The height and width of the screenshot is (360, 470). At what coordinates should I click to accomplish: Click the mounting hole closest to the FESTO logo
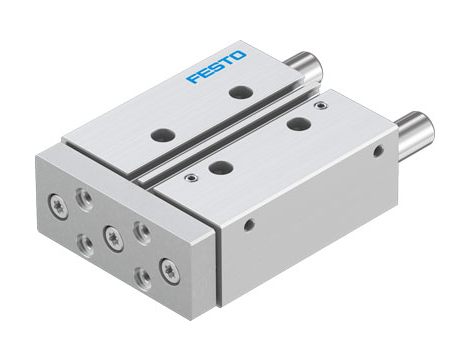pos(239,92)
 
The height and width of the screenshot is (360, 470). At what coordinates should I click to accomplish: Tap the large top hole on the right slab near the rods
pos(296,124)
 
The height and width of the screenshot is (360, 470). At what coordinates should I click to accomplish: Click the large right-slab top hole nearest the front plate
pos(219,166)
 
